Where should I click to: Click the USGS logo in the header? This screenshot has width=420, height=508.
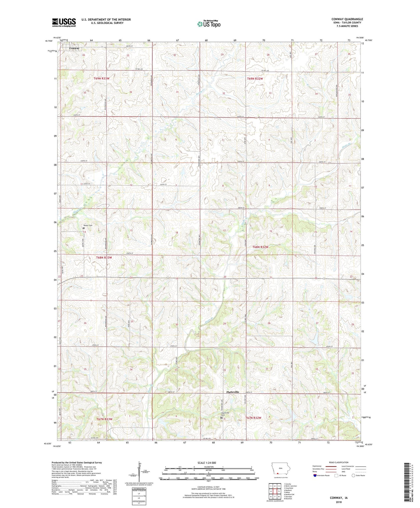pos(64,22)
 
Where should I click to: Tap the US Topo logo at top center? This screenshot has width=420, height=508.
pos(209,24)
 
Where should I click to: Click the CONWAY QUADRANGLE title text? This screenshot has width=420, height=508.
pos(347,19)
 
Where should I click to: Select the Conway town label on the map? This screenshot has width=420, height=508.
pos(74,48)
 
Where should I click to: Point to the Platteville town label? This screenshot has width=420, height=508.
pos(233,392)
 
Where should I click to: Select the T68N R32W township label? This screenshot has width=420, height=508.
pos(260,247)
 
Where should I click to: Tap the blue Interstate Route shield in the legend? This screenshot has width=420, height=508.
pos(315,476)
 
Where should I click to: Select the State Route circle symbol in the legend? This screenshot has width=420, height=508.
pos(353,476)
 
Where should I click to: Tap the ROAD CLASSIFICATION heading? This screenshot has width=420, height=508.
pos(339,462)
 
